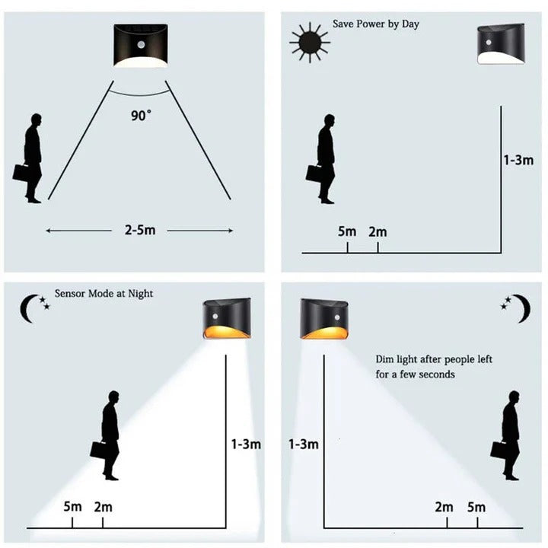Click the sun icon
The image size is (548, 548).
(309, 42)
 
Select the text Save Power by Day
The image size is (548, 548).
(376, 24)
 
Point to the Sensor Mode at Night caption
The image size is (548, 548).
(104, 293)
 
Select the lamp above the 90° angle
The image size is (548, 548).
(141, 46)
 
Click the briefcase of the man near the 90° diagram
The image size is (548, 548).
(21, 172)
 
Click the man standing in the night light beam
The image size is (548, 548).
(110, 435)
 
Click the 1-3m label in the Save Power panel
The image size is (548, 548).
(518, 161)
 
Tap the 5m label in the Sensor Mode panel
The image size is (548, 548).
(73, 506)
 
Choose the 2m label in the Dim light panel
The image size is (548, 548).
(444, 507)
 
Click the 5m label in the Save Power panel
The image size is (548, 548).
(347, 231)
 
